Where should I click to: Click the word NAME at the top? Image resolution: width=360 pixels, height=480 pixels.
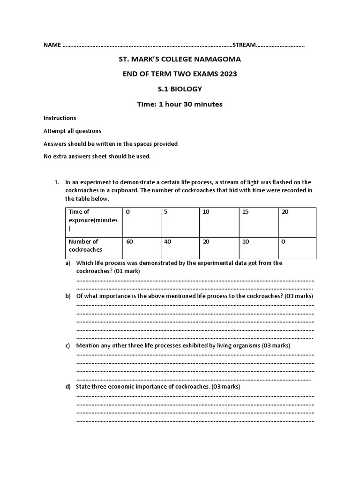coord(52,45)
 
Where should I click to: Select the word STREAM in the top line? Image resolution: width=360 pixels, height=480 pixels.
coord(244,45)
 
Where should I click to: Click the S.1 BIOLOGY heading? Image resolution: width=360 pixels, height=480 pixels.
coord(180,89)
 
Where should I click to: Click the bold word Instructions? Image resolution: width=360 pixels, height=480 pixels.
coord(60,118)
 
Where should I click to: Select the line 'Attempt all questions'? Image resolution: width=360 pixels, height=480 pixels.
coord(72,131)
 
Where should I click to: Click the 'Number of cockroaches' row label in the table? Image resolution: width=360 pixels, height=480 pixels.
coord(85,246)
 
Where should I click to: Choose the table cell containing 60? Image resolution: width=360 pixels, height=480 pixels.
coord(129,242)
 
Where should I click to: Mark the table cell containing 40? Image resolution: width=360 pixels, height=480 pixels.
coord(168,242)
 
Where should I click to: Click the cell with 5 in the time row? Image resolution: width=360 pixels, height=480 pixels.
coord(165,212)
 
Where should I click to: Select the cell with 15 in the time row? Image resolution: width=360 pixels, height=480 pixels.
coord(245,212)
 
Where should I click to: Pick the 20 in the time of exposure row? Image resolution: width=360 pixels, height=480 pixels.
coord(285,212)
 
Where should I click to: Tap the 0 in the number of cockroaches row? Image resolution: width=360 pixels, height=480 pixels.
coord(283,242)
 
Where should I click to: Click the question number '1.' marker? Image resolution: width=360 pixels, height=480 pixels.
coord(57,182)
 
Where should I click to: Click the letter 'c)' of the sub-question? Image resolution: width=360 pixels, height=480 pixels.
coord(68,345)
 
